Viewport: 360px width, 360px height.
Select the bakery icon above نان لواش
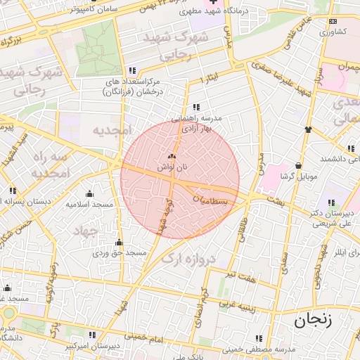pyautogui.click(x=173, y=157)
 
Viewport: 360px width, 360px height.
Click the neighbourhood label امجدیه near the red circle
pyautogui.click(x=111, y=131)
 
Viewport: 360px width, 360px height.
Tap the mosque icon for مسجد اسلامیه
pyautogui.click(x=89, y=194)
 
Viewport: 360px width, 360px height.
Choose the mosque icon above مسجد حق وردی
pyautogui.click(x=118, y=243)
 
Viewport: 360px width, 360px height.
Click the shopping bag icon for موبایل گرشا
pyautogui.click(x=299, y=166)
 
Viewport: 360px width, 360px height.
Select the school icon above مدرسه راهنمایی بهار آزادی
pyautogui.click(x=196, y=108)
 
